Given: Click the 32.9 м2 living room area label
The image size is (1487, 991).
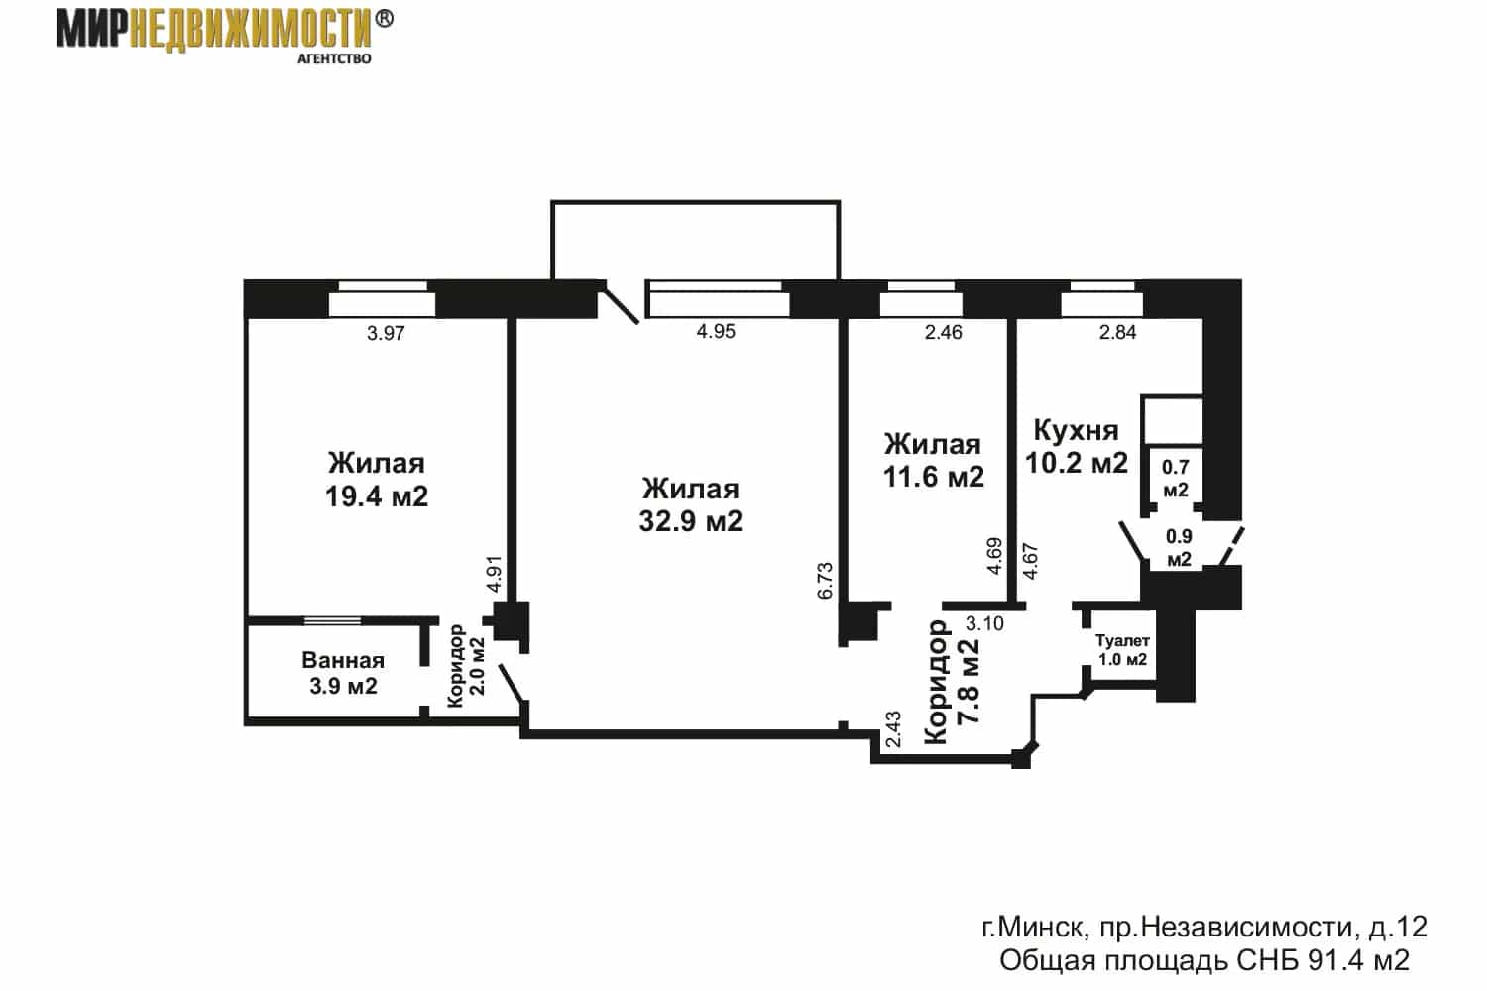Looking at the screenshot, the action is [690, 521].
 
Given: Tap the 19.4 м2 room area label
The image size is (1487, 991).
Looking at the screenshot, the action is [377, 495].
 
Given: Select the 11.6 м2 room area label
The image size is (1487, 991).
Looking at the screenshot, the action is [934, 477].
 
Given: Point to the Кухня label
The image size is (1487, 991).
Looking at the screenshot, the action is [1076, 431].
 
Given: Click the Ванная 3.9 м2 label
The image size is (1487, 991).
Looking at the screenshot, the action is [343, 672].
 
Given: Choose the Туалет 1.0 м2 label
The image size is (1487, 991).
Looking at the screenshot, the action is [1122, 650].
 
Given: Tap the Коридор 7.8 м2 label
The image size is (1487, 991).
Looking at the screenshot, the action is [952, 682].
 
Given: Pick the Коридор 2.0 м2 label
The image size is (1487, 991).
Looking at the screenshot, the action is [466, 666].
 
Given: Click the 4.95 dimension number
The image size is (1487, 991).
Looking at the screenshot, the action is [716, 331].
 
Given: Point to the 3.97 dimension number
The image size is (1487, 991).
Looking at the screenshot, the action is [386, 333].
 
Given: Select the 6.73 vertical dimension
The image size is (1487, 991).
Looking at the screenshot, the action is [825, 581].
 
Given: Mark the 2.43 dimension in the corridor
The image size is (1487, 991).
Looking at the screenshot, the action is [893, 728].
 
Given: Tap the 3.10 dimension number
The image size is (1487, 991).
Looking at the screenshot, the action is [984, 623].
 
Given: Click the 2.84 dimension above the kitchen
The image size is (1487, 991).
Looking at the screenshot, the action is [1118, 332].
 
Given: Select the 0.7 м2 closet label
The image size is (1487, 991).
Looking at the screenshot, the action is [1175, 479].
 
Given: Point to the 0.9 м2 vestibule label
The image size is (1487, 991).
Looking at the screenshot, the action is [1179, 548].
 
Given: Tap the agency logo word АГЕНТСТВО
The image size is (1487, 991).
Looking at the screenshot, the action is [334, 59].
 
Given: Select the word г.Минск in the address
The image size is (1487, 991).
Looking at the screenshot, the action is [1034, 927].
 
